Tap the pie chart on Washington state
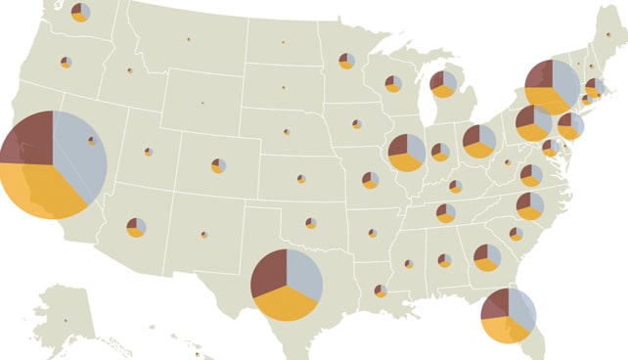(x=80, y=13)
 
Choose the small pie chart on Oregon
(x=66, y=63)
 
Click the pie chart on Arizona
(x=136, y=227)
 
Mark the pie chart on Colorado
(x=218, y=165)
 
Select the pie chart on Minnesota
(x=346, y=61)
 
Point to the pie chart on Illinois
(x=406, y=153)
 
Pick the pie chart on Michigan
(x=443, y=84)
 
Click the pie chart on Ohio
(x=479, y=141)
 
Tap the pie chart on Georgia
(x=487, y=257)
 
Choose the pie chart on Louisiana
(x=381, y=291)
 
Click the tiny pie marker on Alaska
(x=66, y=320)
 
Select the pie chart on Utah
(x=148, y=152)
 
